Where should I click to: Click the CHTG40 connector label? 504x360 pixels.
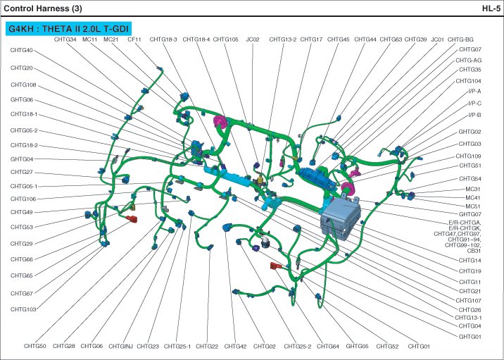[x=22, y=51]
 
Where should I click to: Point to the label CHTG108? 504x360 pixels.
[x=23, y=85]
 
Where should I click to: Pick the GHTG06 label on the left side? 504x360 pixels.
[x=22, y=100]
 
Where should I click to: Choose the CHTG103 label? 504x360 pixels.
[x=23, y=309]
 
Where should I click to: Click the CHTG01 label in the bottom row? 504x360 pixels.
[x=418, y=346]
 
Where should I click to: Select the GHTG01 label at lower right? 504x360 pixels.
[x=470, y=337]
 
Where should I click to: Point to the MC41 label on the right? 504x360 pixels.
[x=473, y=198]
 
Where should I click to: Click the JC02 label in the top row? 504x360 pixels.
[x=253, y=39]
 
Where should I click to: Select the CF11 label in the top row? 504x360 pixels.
[x=134, y=39]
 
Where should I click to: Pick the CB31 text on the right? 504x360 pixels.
[x=474, y=251]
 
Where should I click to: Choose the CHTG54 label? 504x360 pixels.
[x=470, y=179]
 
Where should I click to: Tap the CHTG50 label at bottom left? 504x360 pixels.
[x=34, y=346]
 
